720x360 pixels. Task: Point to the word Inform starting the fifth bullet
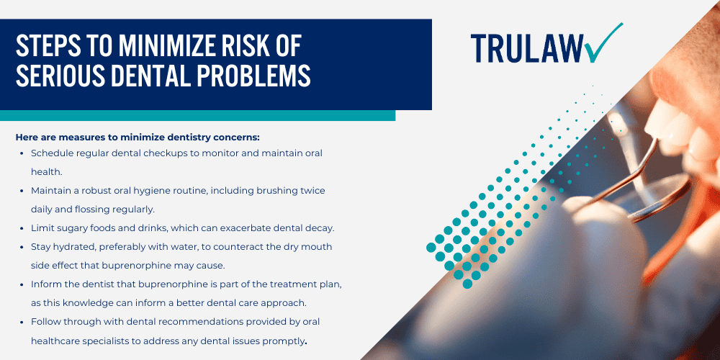coord(45,284)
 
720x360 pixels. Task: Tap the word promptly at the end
coord(282,340)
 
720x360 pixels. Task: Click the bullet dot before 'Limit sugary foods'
coord(22,228)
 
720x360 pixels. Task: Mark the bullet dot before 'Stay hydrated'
coord(22,246)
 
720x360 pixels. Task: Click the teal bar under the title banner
coord(197,115)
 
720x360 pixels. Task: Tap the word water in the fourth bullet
coord(189,246)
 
